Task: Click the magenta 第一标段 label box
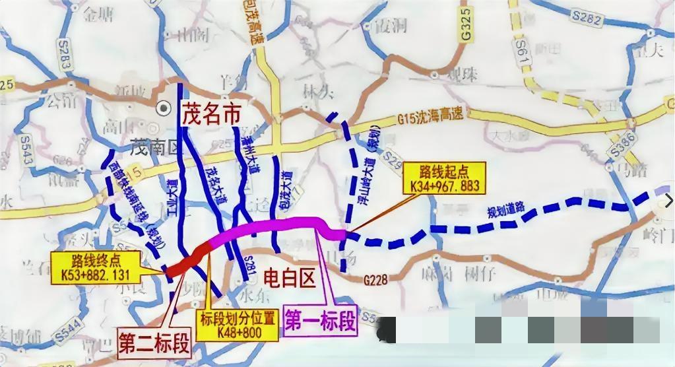[320, 320]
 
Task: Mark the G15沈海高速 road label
[432, 117]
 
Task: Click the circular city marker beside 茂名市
[161, 106]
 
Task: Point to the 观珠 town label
[462, 74]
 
